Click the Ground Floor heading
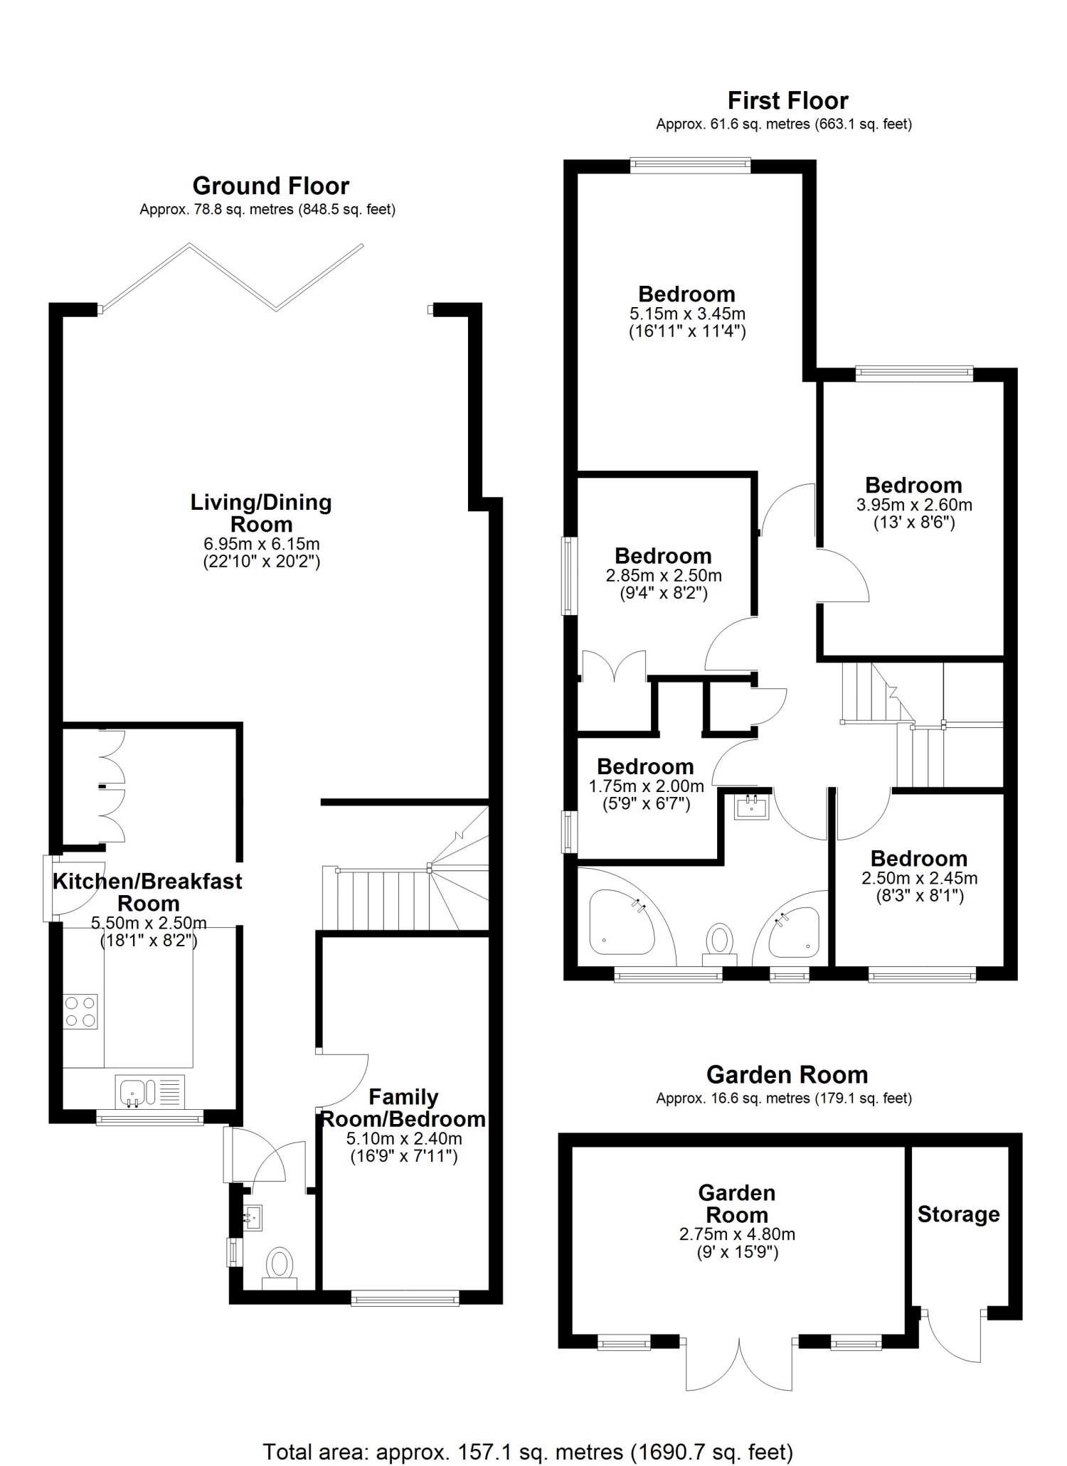pyautogui.click(x=271, y=186)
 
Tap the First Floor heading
pyautogui.click(x=787, y=101)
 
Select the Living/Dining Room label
pyautogui.click(x=261, y=513)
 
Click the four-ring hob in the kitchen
pyautogui.click(x=80, y=1012)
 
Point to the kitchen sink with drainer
pyautogui.click(x=150, y=1091)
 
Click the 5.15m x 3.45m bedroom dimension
pyautogui.click(x=687, y=314)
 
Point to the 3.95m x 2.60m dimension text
pyautogui.click(x=914, y=505)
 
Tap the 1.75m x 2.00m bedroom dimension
pyautogui.click(x=647, y=786)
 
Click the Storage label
pyautogui.click(x=959, y=1214)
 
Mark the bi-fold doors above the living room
pyautogui.click(x=233, y=277)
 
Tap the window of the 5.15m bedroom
pyautogui.click(x=690, y=166)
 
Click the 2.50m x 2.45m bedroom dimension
pyautogui.click(x=920, y=878)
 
